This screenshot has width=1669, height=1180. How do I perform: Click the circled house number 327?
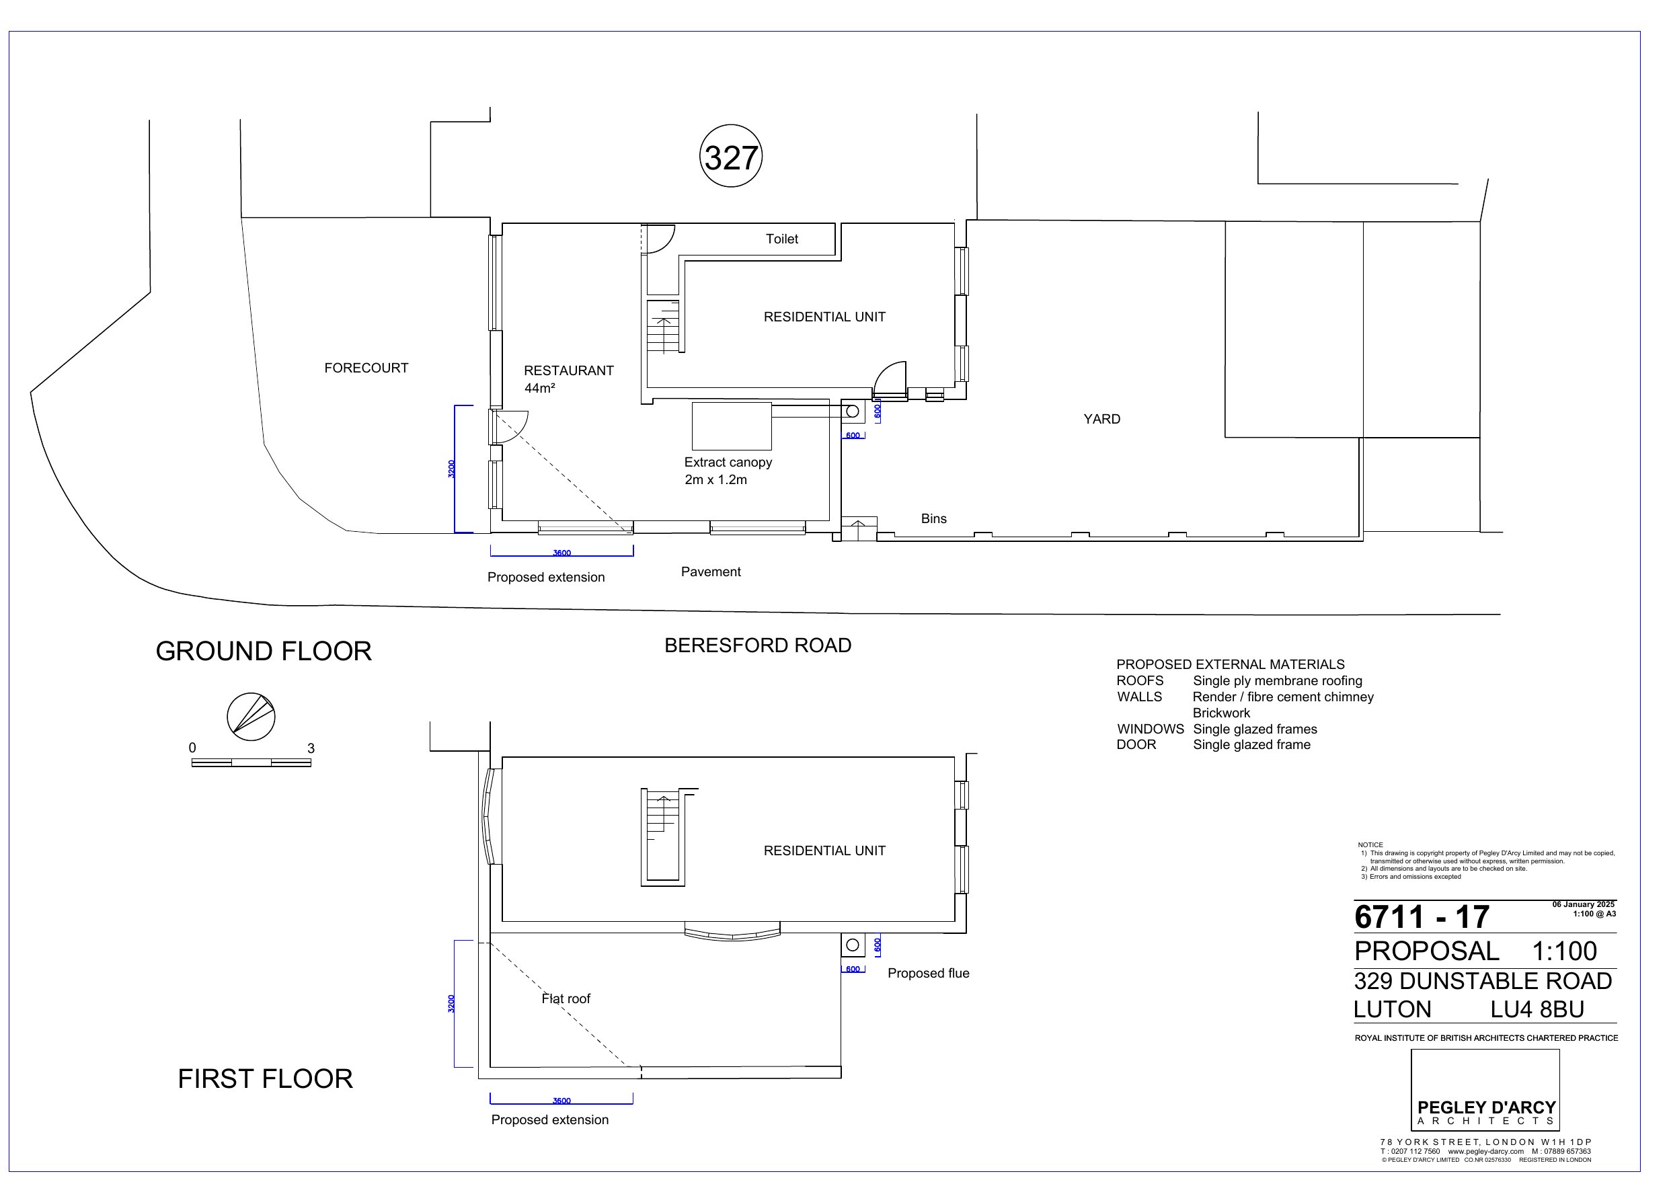pyautogui.click(x=731, y=156)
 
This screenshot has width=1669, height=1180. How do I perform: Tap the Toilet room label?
pyautogui.click(x=782, y=239)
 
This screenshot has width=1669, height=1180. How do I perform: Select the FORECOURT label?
pyautogui.click(x=366, y=368)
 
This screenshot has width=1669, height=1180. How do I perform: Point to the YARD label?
pyautogui.click(x=1102, y=419)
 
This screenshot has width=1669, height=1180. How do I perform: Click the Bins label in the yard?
pyautogui.click(x=934, y=518)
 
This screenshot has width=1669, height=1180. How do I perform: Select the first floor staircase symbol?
pyautogui.click(x=663, y=837)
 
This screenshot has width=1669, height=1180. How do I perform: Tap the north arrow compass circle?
pyautogui.click(x=251, y=717)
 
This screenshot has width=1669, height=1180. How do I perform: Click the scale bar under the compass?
pyautogui.click(x=251, y=762)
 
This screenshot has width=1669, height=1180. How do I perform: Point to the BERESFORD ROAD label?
pyautogui.click(x=758, y=645)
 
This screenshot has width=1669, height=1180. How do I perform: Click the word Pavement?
pyautogui.click(x=711, y=572)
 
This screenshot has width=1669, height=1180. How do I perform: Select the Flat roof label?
pyautogui.click(x=566, y=999)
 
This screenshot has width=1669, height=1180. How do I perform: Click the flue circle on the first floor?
pyautogui.click(x=853, y=945)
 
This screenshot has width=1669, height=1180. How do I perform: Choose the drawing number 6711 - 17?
pyautogui.click(x=1422, y=917)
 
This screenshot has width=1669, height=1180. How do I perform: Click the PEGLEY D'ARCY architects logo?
pyautogui.click(x=1486, y=1090)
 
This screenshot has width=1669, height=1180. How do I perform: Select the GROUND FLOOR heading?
pyautogui.click(x=264, y=652)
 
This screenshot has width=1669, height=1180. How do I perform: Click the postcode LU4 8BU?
pyautogui.click(x=1537, y=1010)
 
